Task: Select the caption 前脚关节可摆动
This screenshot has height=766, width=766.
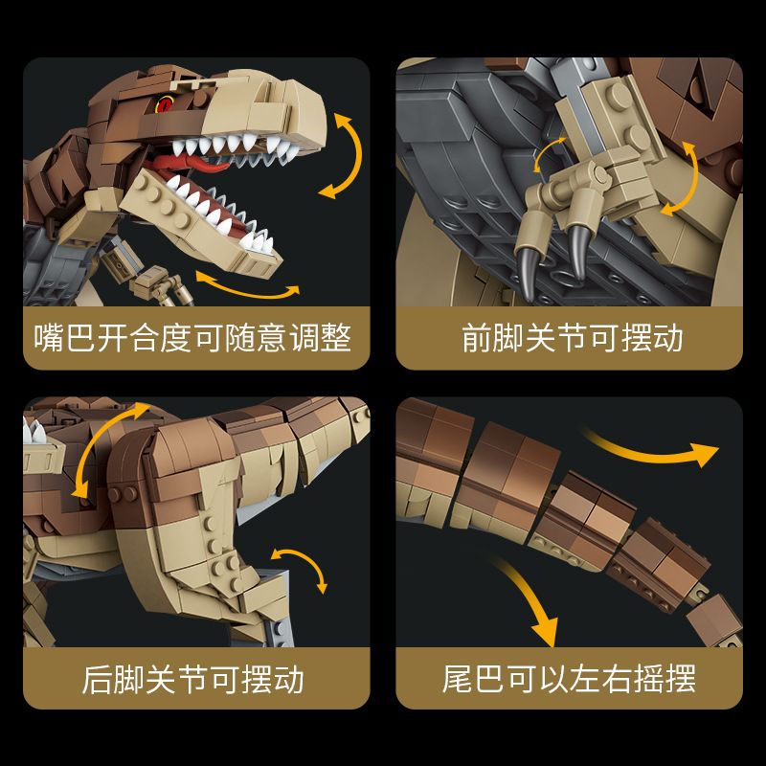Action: pos(572,338)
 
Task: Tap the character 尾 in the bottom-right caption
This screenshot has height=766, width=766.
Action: pos(459,679)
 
